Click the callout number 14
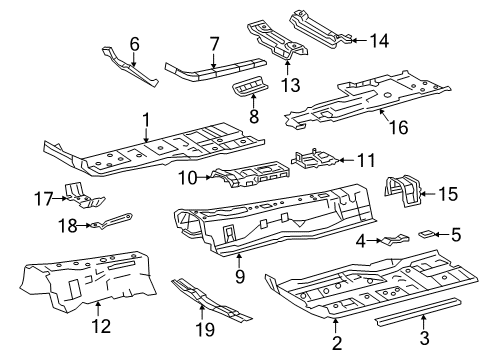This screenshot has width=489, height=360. [379, 41]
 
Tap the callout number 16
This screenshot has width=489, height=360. [398, 127]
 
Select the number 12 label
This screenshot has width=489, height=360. [101, 326]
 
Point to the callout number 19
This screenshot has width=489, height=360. [205, 329]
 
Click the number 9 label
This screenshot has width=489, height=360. [240, 276]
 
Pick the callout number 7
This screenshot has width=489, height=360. [214, 44]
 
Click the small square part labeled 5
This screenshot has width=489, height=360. [426, 234]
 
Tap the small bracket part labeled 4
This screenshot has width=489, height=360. [395, 240]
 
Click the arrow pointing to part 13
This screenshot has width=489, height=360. [287, 67]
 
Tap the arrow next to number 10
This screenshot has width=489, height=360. [205, 178]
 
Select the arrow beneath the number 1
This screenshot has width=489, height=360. [146, 135]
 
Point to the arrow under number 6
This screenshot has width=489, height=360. [134, 59]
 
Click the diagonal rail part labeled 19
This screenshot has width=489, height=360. [211, 301]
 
